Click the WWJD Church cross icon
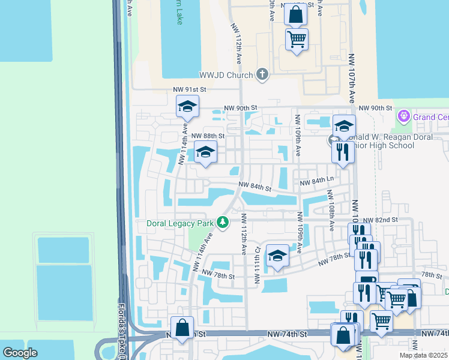[262, 75]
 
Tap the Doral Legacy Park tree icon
[223, 223]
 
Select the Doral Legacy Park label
[180, 223]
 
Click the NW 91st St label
[190, 89]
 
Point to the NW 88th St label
[208, 136]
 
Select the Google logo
[20, 353]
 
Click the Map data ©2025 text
[424, 355]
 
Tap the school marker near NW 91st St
[187, 107]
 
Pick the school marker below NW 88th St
[205, 154]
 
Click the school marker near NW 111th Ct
[277, 257]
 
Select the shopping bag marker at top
[296, 14]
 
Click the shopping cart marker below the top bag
[297, 40]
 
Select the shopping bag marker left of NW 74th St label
[182, 328]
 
